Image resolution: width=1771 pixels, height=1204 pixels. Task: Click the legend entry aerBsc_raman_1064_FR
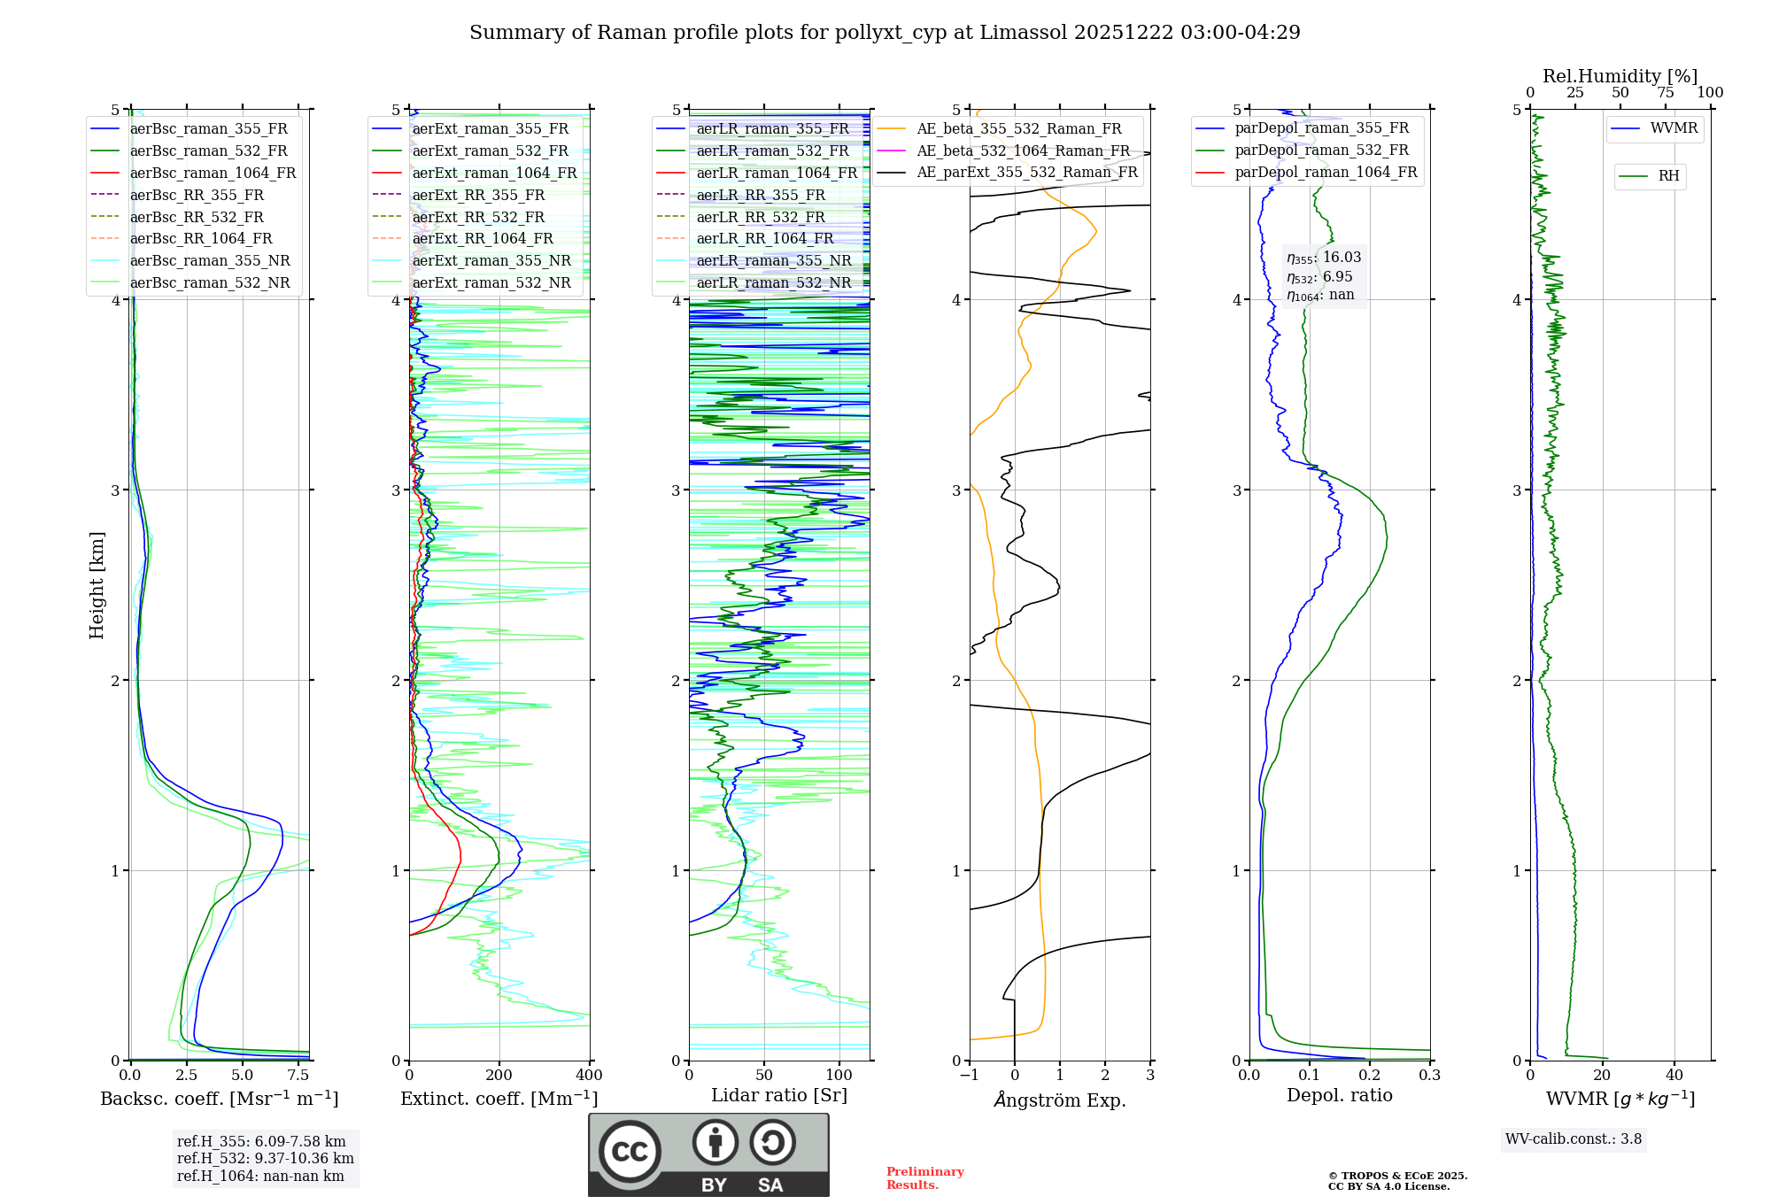[x=213, y=173]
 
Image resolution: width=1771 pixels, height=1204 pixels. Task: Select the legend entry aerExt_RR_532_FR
[x=478, y=217]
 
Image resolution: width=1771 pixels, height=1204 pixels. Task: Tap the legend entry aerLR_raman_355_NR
[x=773, y=260]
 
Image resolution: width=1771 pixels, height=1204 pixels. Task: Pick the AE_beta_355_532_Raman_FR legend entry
[x=1018, y=128]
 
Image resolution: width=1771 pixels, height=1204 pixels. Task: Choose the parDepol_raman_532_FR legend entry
[x=1321, y=150]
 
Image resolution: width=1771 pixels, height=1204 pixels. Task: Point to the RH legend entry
[x=1668, y=175]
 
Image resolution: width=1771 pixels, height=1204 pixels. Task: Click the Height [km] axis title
[x=97, y=584]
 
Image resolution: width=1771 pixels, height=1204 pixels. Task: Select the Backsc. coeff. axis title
[x=219, y=1099]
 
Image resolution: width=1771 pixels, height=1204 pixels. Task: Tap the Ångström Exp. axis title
[x=1060, y=1100]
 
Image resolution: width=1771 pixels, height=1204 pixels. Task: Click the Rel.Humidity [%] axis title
[x=1620, y=76]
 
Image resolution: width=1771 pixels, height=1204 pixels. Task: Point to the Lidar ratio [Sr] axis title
[x=779, y=1095]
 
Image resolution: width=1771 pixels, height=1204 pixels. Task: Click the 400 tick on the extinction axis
[x=590, y=1075]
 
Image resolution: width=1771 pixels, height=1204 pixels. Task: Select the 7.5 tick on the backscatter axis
[x=298, y=1075]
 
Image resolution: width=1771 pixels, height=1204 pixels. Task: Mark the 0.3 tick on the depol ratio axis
[x=1430, y=1075]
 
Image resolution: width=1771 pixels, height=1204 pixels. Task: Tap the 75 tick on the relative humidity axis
[x=1665, y=92]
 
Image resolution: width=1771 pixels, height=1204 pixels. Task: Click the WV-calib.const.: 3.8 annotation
[x=1573, y=1138]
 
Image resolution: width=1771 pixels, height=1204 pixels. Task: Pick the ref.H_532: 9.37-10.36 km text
[x=265, y=1158]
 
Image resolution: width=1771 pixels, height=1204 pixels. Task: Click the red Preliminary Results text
[x=924, y=1177]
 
